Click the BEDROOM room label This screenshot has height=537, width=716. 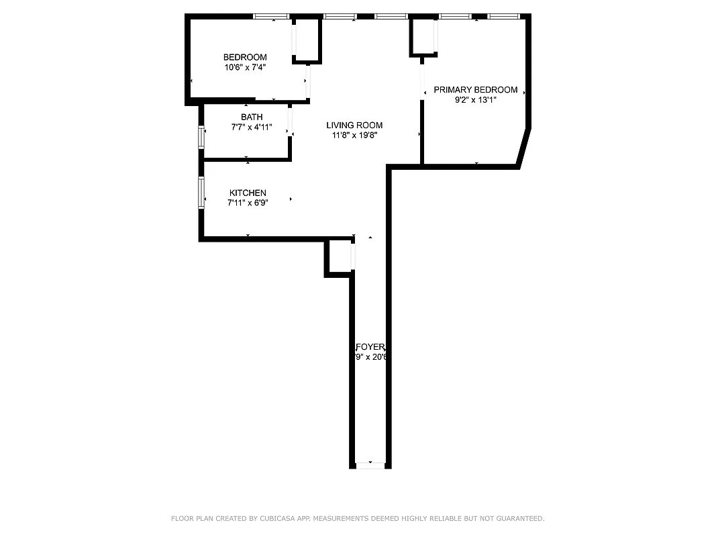(245, 57)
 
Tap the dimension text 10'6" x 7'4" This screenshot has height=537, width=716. (245, 67)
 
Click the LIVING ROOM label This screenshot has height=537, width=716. (354, 125)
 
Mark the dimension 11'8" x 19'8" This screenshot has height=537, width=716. (354, 135)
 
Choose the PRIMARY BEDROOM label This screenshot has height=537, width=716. (475, 90)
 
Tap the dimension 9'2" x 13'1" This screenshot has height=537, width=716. (475, 100)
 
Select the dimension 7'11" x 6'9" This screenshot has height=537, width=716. (248, 203)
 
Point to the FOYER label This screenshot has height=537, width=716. (370, 347)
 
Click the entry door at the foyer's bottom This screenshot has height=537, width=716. (370, 465)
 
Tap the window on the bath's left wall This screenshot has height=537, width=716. (201, 137)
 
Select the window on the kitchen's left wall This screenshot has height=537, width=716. (201, 192)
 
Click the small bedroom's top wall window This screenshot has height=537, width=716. (271, 16)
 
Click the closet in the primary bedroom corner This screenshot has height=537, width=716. (423, 36)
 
